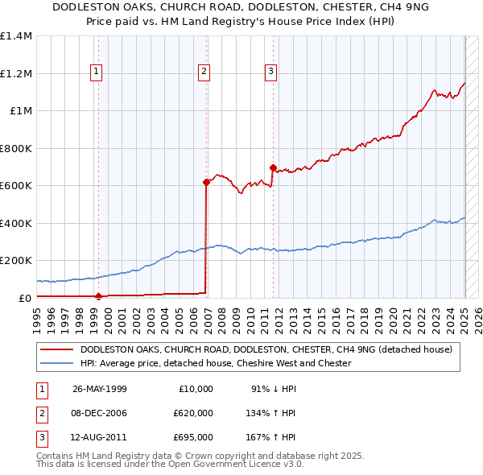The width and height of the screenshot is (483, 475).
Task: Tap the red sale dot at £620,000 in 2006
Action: (206, 182)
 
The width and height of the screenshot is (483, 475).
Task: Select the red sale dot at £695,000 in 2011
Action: (273, 168)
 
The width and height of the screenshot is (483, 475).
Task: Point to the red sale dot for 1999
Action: (98, 296)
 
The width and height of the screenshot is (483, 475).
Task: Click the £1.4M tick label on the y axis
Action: (16, 36)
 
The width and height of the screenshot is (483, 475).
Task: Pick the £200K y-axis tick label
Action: (16, 261)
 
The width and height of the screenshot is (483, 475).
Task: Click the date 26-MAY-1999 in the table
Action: (99, 389)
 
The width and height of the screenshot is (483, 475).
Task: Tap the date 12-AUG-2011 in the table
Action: (99, 439)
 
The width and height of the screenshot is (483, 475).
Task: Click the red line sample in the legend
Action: (56, 350)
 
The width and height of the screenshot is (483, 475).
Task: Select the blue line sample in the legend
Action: (56, 363)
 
